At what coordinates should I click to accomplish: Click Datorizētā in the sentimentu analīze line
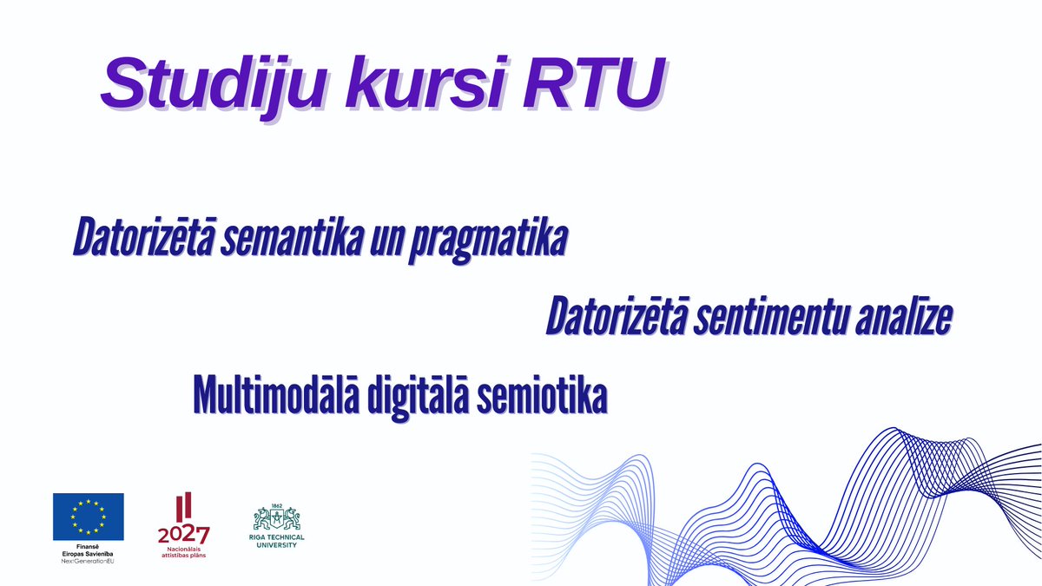616,319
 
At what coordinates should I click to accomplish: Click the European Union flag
88,516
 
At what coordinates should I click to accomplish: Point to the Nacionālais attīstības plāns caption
183,552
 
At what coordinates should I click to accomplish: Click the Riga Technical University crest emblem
277,519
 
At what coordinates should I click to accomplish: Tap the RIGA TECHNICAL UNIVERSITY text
277,542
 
